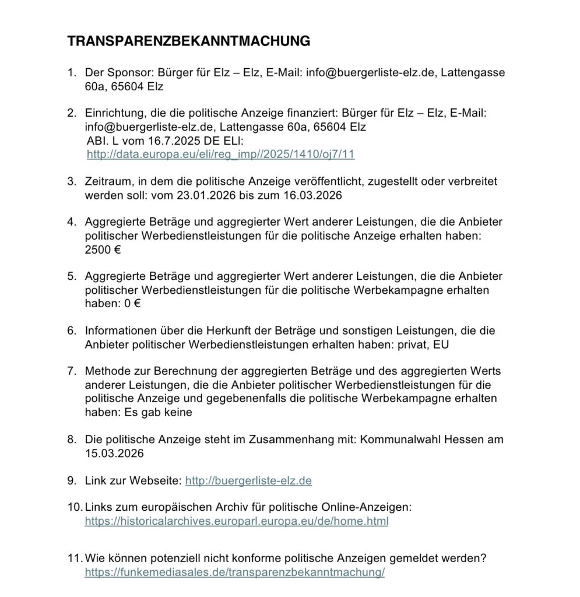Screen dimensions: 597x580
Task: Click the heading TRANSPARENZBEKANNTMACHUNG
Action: click(188, 41)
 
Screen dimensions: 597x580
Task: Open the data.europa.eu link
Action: click(220, 154)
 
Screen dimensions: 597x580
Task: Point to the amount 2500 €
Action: click(103, 250)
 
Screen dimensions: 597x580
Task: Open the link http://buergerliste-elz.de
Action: click(248, 481)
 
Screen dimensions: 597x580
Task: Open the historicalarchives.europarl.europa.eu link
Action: click(236, 521)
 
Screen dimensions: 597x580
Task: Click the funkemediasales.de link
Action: click(234, 573)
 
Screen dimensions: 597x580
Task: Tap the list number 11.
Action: click(74, 558)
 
